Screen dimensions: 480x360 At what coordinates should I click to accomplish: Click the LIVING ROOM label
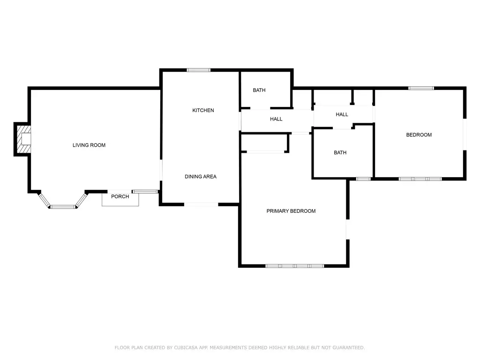pos(89,145)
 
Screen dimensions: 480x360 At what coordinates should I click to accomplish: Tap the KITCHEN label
pos(203,110)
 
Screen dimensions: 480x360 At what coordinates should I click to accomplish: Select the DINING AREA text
pos(201,177)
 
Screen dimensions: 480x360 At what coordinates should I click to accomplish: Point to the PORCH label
pos(120,196)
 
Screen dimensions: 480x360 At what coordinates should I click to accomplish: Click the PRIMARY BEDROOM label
pos(291,211)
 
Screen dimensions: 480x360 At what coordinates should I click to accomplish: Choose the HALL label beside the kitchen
pos(276,119)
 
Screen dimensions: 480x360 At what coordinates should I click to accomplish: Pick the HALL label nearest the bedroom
pos(342,114)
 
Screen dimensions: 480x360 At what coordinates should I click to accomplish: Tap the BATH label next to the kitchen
pos(259,90)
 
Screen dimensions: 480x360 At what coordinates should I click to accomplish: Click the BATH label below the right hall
pos(340,152)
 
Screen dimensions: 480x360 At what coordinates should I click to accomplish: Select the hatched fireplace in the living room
pos(24,139)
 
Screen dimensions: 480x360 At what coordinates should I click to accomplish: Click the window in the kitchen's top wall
pos(199,70)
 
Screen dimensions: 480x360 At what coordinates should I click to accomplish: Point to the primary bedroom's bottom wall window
pos(294,266)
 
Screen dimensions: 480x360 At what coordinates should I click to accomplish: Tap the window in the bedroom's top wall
pos(421,88)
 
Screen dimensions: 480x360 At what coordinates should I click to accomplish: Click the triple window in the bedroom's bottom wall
pos(420,179)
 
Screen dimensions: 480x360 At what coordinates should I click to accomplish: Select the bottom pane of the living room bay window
pos(62,207)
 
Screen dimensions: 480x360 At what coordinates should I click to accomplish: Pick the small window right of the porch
pos(145,192)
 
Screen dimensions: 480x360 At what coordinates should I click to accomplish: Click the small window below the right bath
pos(363,179)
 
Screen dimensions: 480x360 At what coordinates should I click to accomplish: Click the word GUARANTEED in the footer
pos(349,347)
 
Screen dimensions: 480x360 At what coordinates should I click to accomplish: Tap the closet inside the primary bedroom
pos(265,142)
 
